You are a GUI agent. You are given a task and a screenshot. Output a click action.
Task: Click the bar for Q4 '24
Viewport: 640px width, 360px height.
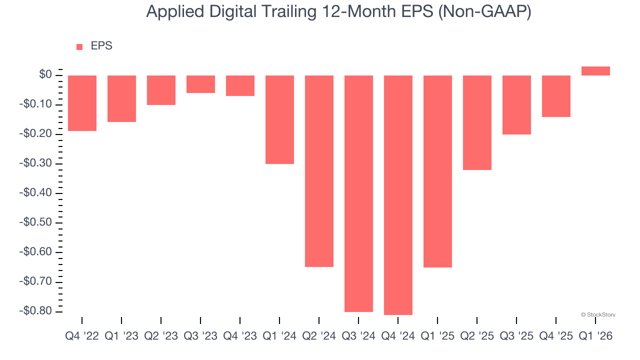(398, 195)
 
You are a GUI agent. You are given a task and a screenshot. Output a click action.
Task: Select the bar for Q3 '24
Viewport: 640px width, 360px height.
(358, 193)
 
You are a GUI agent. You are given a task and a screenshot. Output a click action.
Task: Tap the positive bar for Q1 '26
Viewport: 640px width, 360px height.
(595, 71)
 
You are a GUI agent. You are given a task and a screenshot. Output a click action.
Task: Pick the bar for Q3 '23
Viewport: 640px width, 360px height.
(200, 84)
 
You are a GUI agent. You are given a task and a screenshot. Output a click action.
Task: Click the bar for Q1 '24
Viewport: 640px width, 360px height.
(279, 119)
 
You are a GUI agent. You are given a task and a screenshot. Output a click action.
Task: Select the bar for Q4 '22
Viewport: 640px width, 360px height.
(82, 103)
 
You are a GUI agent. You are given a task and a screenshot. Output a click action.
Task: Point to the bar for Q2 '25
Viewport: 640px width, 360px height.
(477, 122)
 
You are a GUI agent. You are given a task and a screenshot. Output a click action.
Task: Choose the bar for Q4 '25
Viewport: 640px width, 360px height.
(556, 96)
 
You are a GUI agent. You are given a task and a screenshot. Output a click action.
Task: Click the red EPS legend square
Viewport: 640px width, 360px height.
(79, 47)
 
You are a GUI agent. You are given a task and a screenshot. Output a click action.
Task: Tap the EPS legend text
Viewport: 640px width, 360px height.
(101, 46)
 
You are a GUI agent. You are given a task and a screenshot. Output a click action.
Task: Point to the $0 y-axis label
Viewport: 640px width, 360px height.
(45, 75)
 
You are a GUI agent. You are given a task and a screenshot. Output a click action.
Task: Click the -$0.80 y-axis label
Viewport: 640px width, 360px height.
(35, 311)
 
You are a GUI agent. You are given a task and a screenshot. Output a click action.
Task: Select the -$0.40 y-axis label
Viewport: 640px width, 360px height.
(35, 193)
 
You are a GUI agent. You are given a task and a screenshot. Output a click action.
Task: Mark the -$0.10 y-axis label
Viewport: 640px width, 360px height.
(35, 104)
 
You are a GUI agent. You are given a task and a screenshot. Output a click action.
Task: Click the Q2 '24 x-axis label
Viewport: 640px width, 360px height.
(319, 336)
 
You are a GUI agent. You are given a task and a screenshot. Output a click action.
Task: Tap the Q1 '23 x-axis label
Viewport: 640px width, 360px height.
(121, 336)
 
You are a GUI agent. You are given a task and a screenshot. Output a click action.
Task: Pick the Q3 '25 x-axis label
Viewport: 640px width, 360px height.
(516, 336)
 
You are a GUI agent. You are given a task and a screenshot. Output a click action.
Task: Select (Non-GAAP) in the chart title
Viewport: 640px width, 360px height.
(484, 12)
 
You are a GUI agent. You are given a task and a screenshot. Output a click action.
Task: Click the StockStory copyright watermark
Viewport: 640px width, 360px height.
(598, 314)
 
